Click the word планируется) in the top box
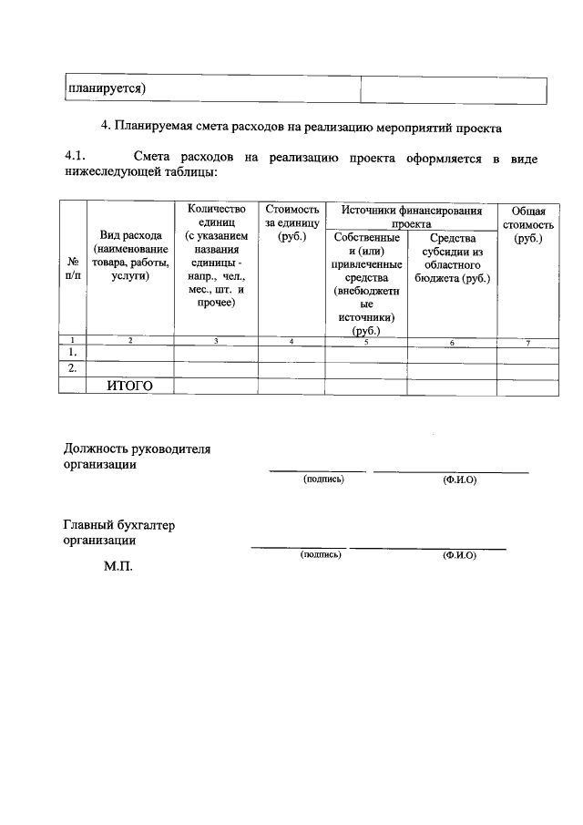[107, 88]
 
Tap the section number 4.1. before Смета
[80, 158]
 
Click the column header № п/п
[72, 266]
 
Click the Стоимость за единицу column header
[291, 222]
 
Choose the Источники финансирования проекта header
[411, 216]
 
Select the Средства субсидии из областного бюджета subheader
[452, 258]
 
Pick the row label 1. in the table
[72, 352]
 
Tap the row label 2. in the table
[72, 368]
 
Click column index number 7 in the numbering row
[527, 341]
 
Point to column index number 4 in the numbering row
[291, 341]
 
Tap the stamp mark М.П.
[118, 566]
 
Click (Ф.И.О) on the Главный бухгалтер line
[458, 555]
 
